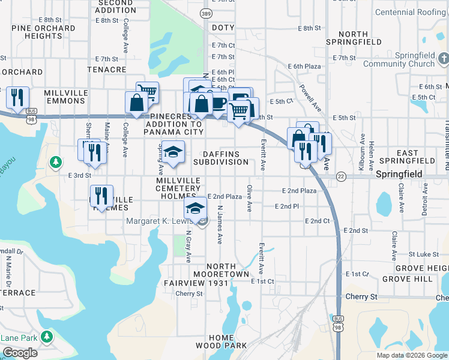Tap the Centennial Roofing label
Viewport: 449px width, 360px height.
411,12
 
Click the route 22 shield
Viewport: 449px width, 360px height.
342,176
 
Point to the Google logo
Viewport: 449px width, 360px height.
20,353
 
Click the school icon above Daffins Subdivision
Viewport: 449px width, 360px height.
173,152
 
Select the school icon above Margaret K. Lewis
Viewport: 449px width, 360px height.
194,208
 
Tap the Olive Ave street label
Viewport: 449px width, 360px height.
250,199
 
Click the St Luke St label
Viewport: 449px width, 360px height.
421,254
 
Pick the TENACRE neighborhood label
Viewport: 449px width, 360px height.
106,70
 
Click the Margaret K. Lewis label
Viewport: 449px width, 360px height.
160,221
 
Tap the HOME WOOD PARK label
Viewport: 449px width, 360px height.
221,341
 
